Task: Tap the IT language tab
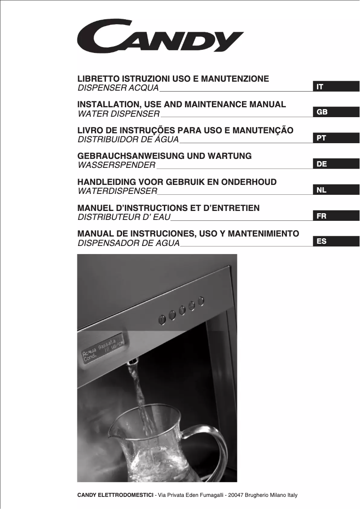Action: click(x=336, y=87)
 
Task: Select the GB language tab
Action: click(x=336, y=112)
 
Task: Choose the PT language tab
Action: click(x=336, y=138)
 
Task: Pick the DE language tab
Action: click(x=336, y=164)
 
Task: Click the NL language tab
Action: click(x=336, y=190)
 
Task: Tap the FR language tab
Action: click(x=336, y=216)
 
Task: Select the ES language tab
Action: click(x=336, y=241)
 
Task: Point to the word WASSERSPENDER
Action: click(x=117, y=165)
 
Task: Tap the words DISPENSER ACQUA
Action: click(x=119, y=87)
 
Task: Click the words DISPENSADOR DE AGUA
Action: click(x=129, y=243)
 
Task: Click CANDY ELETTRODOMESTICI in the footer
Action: click(x=115, y=495)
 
